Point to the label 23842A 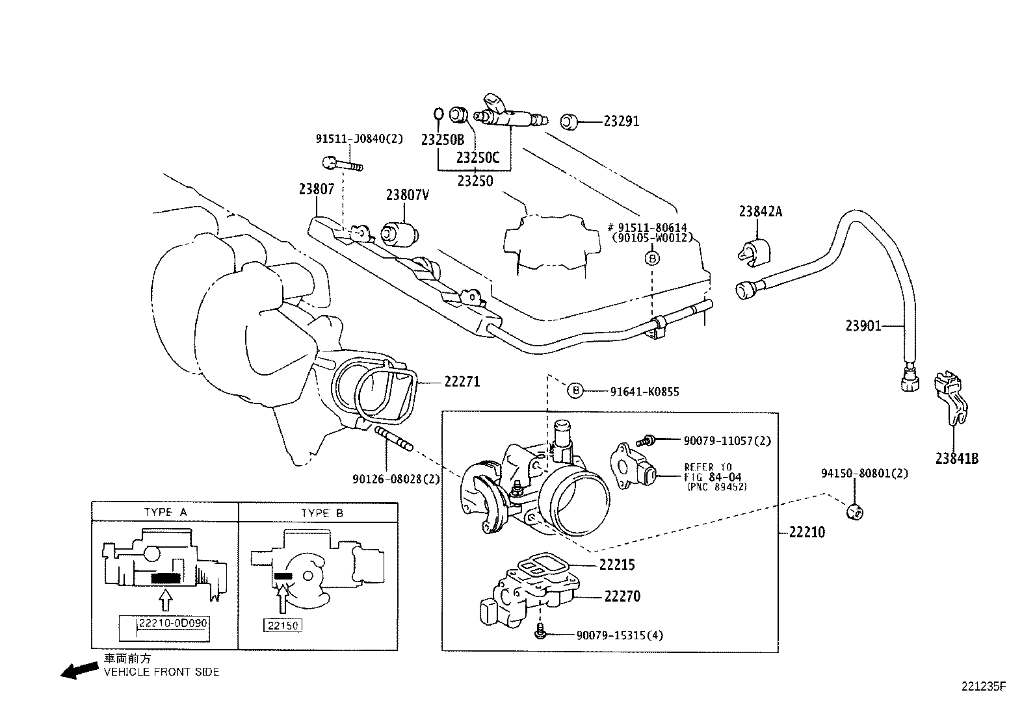click(760, 211)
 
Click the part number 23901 click(863, 325)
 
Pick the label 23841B click(956, 458)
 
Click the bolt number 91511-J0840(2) click(360, 138)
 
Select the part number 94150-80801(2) click(865, 474)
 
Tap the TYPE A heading click(165, 512)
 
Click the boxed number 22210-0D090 click(172, 623)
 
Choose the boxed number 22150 click(283, 625)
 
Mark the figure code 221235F click(984, 686)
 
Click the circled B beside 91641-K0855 click(575, 390)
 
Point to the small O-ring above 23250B click(438, 115)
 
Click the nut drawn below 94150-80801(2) click(856, 512)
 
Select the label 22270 click(622, 596)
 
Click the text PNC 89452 click(717, 487)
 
